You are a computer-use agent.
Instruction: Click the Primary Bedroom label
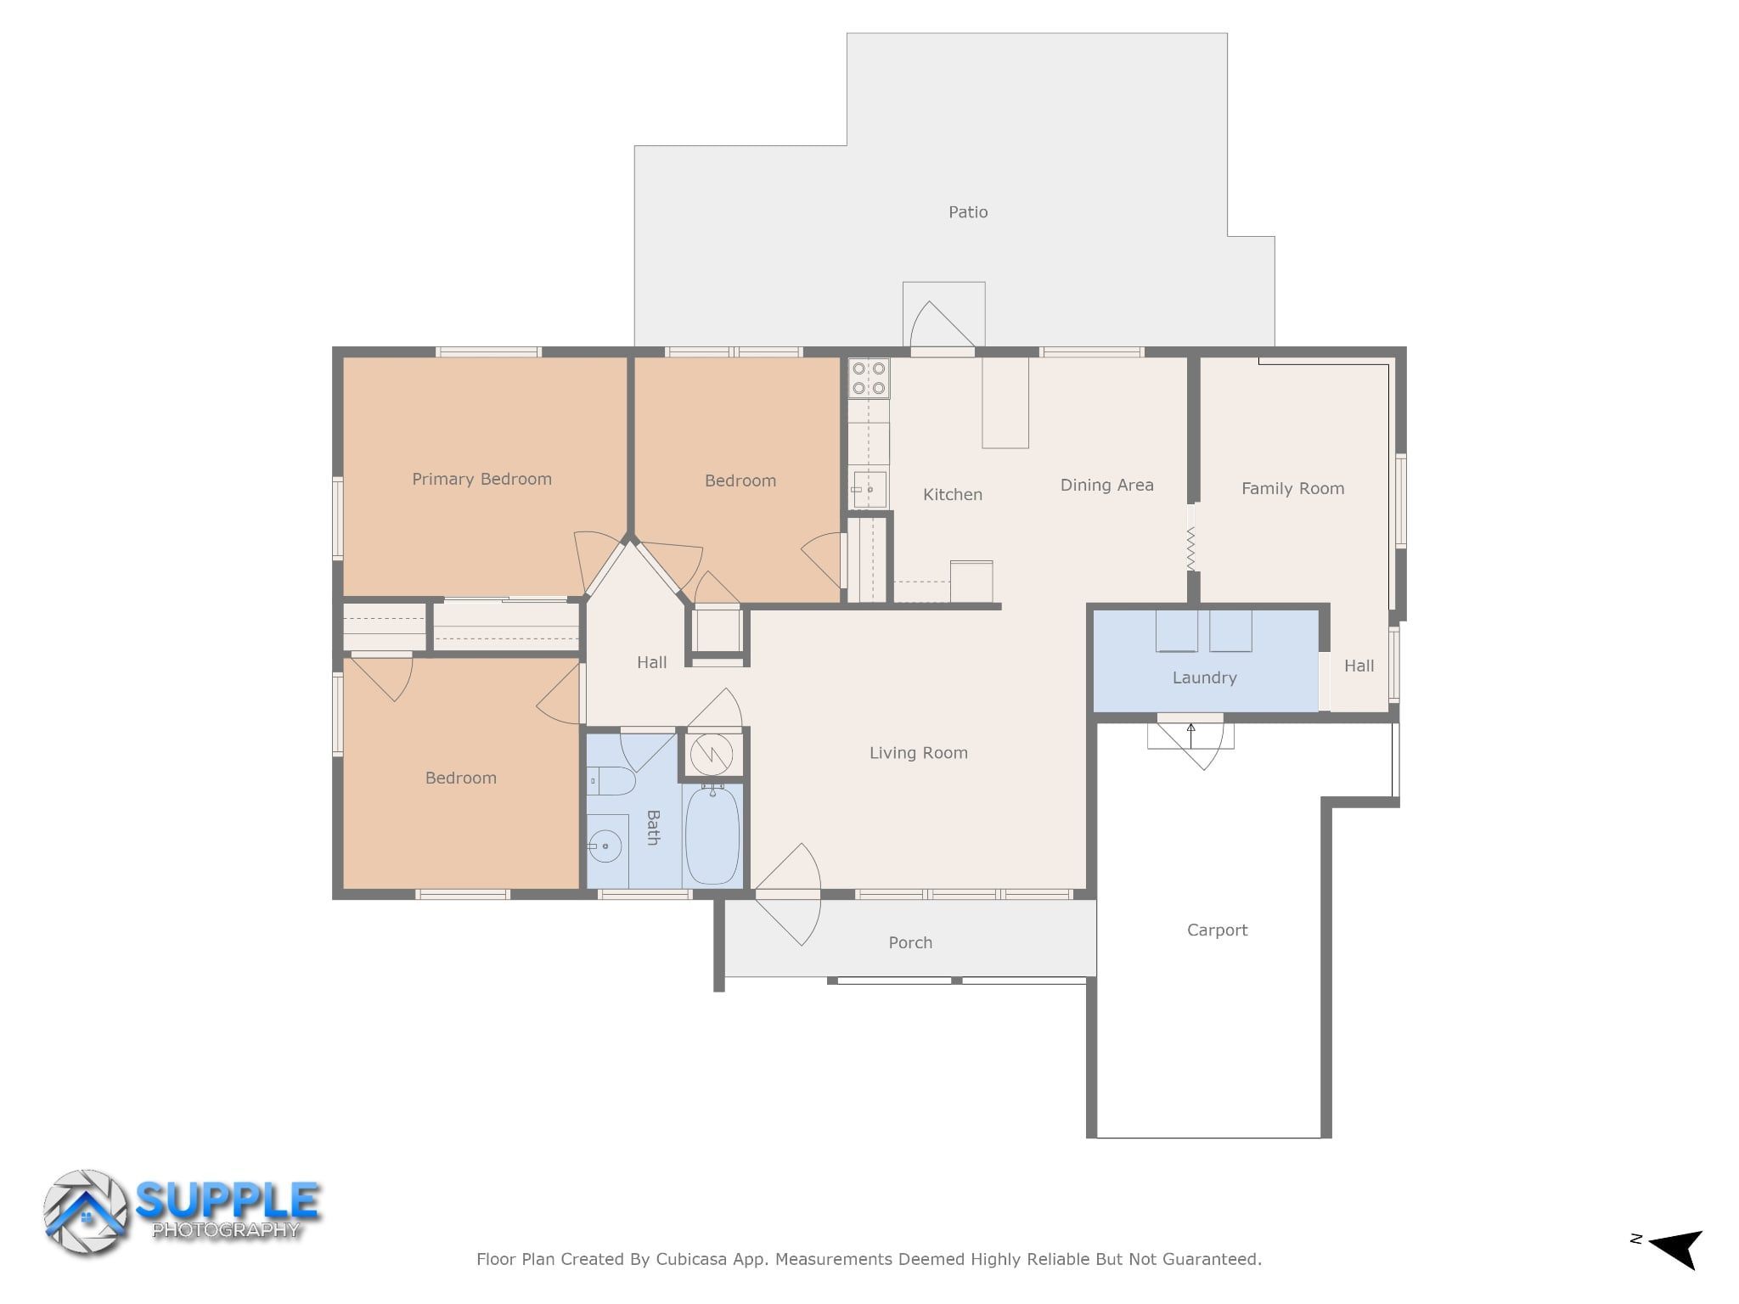481,479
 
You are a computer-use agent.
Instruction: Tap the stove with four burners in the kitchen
869,379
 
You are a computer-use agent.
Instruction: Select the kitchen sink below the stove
869,490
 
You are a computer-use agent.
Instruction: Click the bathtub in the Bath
712,835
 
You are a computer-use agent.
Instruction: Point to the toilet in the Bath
611,781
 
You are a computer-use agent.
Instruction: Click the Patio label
968,212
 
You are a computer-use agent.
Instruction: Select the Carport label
1217,930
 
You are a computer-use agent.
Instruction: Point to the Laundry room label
1204,677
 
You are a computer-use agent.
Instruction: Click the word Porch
910,942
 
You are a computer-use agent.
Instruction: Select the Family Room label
1292,488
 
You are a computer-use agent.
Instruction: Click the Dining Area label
1106,486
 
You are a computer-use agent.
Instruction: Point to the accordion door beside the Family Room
1190,548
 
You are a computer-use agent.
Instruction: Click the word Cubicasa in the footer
691,1259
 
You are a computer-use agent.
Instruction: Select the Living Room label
918,753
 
